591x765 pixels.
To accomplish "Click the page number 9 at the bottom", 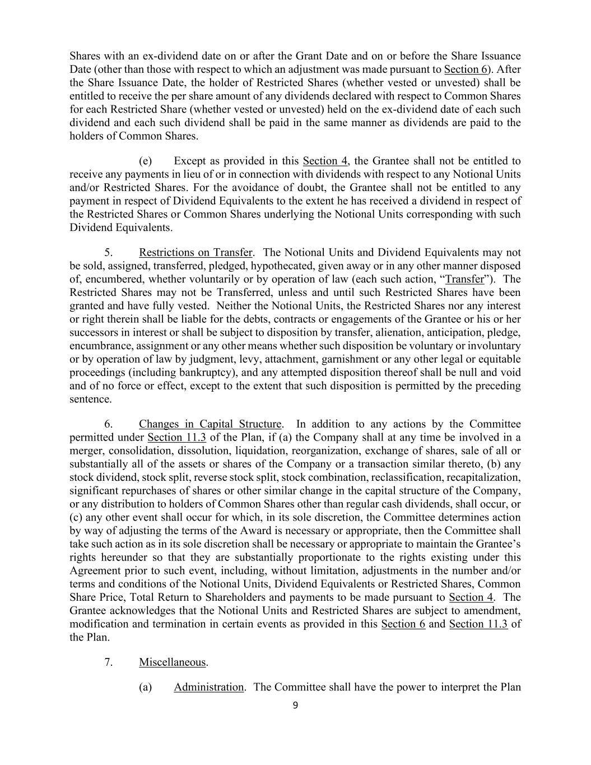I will [295, 705].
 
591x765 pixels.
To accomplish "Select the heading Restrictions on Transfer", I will [196, 252].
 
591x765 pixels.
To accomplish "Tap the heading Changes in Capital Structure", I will [210, 424].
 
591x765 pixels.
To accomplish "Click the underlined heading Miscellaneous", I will [173, 662].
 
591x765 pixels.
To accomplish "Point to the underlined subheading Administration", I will [208, 687].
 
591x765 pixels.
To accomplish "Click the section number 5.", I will [109, 252].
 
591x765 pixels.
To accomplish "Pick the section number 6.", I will [109, 424].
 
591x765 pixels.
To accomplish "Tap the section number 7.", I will [109, 662].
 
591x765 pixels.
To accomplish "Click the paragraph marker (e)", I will [145, 161].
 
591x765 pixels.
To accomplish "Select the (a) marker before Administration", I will [145, 687].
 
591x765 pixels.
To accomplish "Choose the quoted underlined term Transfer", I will [464, 279].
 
